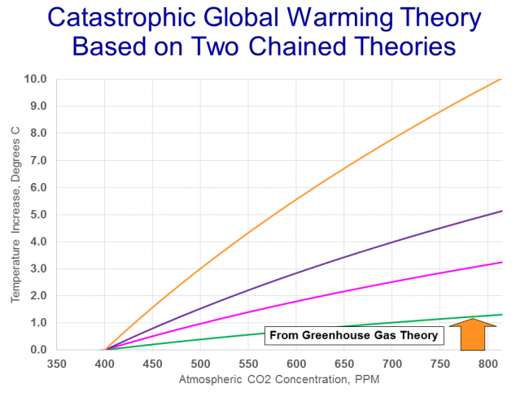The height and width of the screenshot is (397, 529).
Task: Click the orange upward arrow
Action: coord(471,334)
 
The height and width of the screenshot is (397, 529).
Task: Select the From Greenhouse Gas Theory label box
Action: coord(352,334)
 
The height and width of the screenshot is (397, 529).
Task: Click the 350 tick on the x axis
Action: coord(56,364)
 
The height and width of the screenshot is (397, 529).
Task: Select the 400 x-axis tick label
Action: coord(104,364)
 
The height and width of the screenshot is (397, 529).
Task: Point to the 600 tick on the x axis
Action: coord(296,364)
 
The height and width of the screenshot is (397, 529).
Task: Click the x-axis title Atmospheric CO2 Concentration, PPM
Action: coord(279,380)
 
